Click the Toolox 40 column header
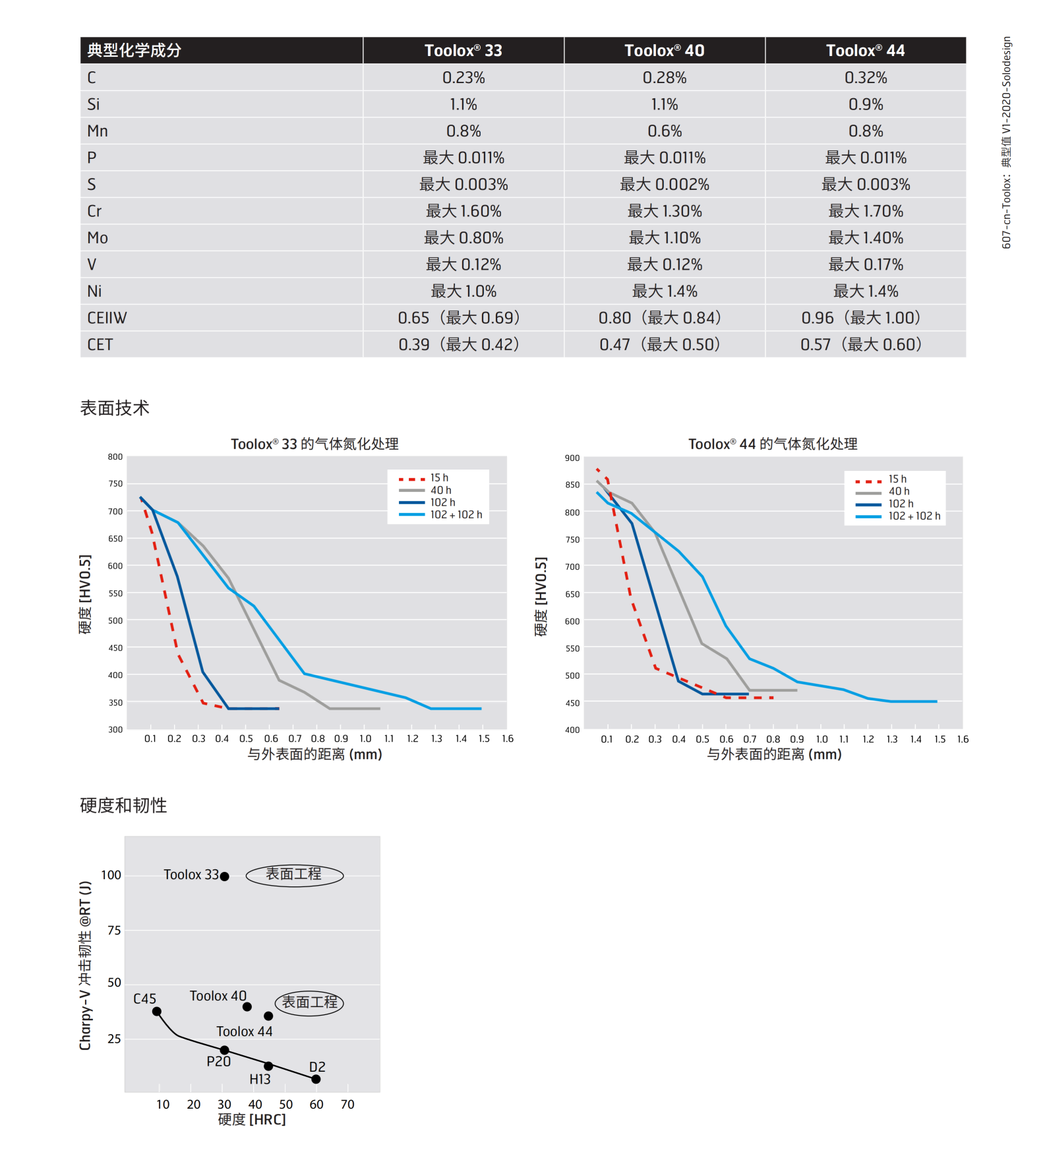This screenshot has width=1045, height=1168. (x=664, y=51)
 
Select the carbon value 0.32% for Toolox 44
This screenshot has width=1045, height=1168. (x=866, y=78)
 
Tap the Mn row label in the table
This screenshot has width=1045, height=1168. (x=98, y=131)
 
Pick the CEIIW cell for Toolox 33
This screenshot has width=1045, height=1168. (x=463, y=318)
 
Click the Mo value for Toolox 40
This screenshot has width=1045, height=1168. (x=664, y=238)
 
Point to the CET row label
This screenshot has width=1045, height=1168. (x=100, y=345)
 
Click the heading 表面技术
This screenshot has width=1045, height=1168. (x=115, y=408)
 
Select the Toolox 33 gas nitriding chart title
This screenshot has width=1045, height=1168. (x=314, y=444)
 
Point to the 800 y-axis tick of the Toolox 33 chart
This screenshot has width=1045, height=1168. (x=115, y=456)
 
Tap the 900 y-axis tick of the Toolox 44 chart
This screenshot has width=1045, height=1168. (x=572, y=458)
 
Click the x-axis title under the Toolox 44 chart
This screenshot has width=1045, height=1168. (x=774, y=754)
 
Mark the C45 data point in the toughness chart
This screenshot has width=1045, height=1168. (x=157, y=1011)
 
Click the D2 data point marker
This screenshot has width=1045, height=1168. (x=316, y=1079)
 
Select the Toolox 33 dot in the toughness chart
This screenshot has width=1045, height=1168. (x=224, y=876)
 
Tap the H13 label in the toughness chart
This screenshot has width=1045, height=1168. (x=260, y=1079)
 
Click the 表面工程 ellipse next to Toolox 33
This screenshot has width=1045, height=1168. (x=294, y=875)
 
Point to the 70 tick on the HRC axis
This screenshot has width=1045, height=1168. (x=347, y=1104)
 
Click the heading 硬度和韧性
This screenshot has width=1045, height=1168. (x=123, y=805)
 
